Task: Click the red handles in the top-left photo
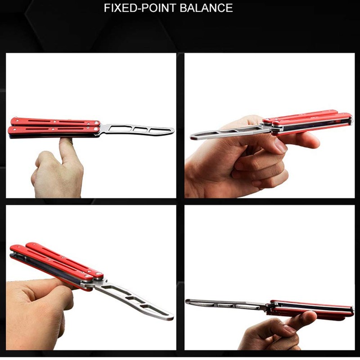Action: [x=54, y=126]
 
